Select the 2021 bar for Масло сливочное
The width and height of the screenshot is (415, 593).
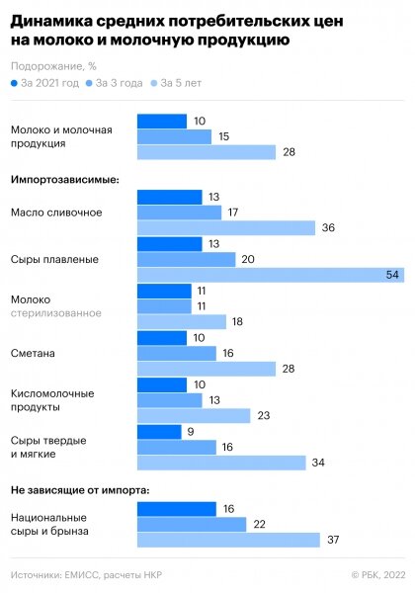169,197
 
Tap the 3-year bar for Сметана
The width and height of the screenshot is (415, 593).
176,353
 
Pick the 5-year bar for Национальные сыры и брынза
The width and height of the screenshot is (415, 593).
228,540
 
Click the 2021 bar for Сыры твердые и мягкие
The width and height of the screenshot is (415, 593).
159,432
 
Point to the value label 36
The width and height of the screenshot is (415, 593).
328,228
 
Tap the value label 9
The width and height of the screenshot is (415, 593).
191,432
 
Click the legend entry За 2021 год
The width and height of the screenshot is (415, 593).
45,84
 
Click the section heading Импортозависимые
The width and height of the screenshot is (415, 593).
64,180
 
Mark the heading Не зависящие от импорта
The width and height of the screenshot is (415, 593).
80,490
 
